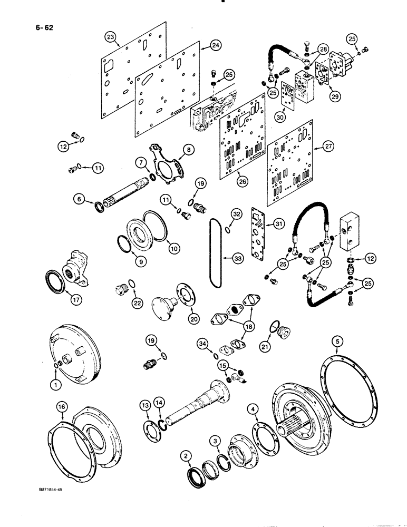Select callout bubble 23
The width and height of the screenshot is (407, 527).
110,36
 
